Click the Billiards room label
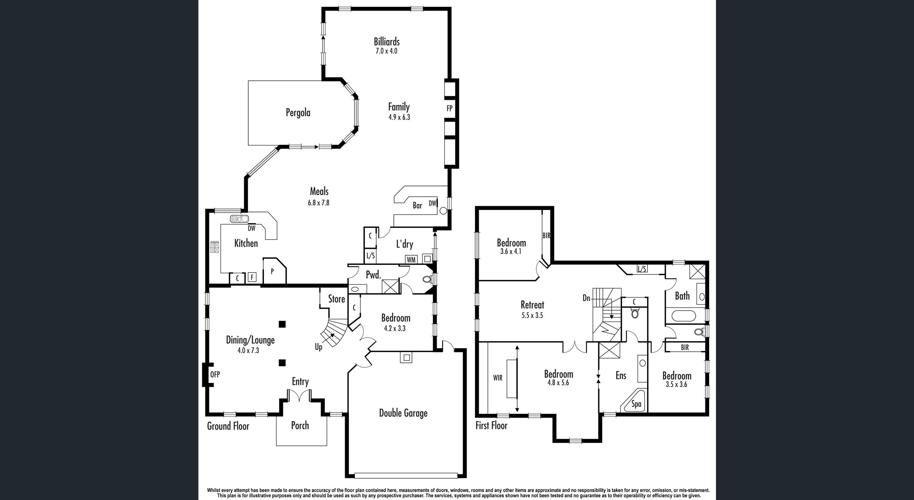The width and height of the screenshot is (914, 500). [387, 42]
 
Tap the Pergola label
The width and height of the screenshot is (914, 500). [298, 113]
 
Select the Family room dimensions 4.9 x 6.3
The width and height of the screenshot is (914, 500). [399, 117]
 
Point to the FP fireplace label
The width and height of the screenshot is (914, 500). [449, 108]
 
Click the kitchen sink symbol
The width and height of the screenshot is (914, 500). [239, 219]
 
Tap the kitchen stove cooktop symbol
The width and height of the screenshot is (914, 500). [215, 247]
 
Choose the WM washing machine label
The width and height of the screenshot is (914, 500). [411, 260]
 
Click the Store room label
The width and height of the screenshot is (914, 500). [337, 299]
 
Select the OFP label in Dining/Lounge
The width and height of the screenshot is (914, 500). [215, 375]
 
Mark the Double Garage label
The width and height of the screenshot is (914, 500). [403, 413]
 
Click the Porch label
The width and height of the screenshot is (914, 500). [300, 425]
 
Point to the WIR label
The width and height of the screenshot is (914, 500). [498, 378]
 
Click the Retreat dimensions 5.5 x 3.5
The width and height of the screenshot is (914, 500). [532, 316]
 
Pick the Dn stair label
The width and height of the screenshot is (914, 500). [586, 298]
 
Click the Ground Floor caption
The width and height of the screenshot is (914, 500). [228, 426]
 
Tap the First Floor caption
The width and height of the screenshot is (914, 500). [492, 425]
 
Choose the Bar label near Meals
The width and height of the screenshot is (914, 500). [417, 206]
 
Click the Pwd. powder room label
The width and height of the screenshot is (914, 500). [374, 275]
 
